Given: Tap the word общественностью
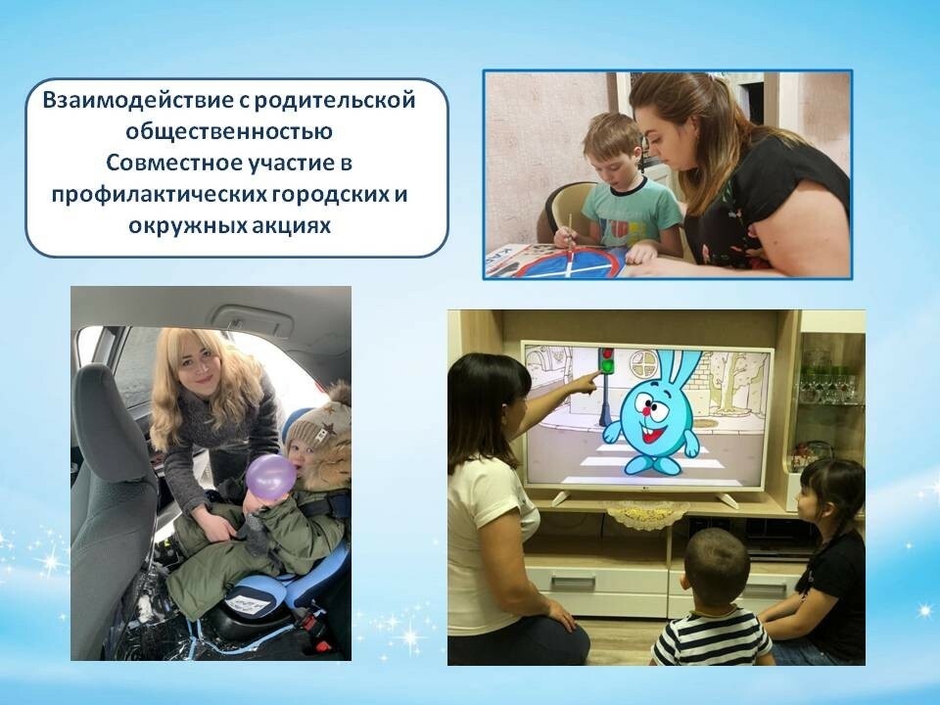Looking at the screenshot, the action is (229, 132).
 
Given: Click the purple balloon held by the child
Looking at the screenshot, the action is (270, 477).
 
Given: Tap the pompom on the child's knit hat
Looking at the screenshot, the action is (340, 394).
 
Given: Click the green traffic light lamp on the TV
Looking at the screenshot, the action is (608, 365).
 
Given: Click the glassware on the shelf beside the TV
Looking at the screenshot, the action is (829, 384).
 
